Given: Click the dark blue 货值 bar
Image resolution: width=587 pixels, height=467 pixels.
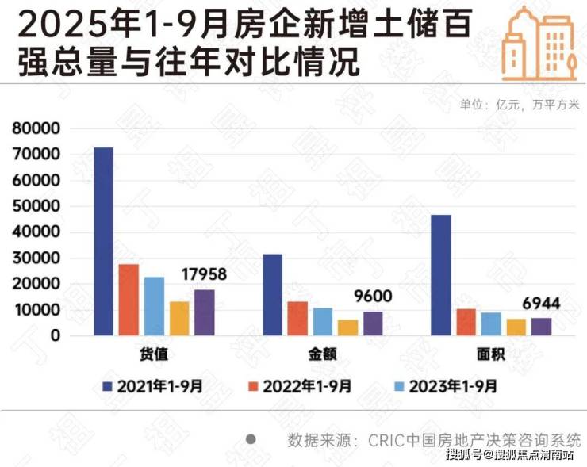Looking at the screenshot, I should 103,242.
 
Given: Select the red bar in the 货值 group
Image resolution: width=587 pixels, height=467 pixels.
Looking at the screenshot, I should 129,300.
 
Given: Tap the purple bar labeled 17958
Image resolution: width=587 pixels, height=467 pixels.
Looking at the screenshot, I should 204,312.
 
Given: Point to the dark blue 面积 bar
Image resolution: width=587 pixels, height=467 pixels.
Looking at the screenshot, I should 440,275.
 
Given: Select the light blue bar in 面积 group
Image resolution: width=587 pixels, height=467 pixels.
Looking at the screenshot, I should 491,323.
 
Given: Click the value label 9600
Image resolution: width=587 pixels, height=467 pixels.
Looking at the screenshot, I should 373,297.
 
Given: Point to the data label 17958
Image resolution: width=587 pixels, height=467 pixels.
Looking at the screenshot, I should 205,274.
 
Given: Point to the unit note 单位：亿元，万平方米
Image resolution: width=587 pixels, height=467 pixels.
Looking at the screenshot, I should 520,104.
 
